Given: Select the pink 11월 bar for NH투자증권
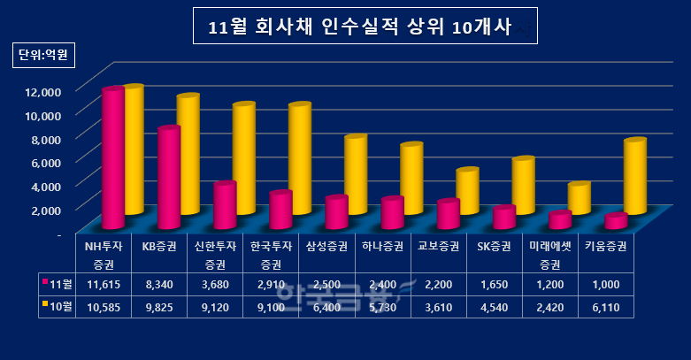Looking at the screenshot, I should [112, 159].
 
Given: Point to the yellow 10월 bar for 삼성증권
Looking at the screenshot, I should [355, 175].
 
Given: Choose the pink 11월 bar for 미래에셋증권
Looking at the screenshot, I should [559, 220].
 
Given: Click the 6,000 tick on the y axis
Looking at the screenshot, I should [45, 163].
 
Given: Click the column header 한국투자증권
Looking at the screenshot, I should [273, 255].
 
